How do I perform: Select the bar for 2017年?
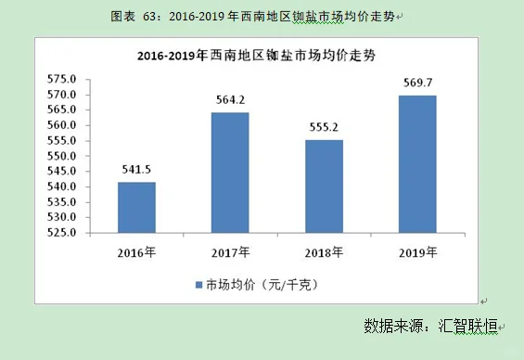[229, 173]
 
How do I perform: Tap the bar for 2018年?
[324, 186]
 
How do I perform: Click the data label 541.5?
[136, 170]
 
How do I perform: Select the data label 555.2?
[324, 128]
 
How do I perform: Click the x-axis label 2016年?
[136, 252]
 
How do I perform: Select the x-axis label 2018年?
[324, 252]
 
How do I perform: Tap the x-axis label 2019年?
[417, 252]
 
